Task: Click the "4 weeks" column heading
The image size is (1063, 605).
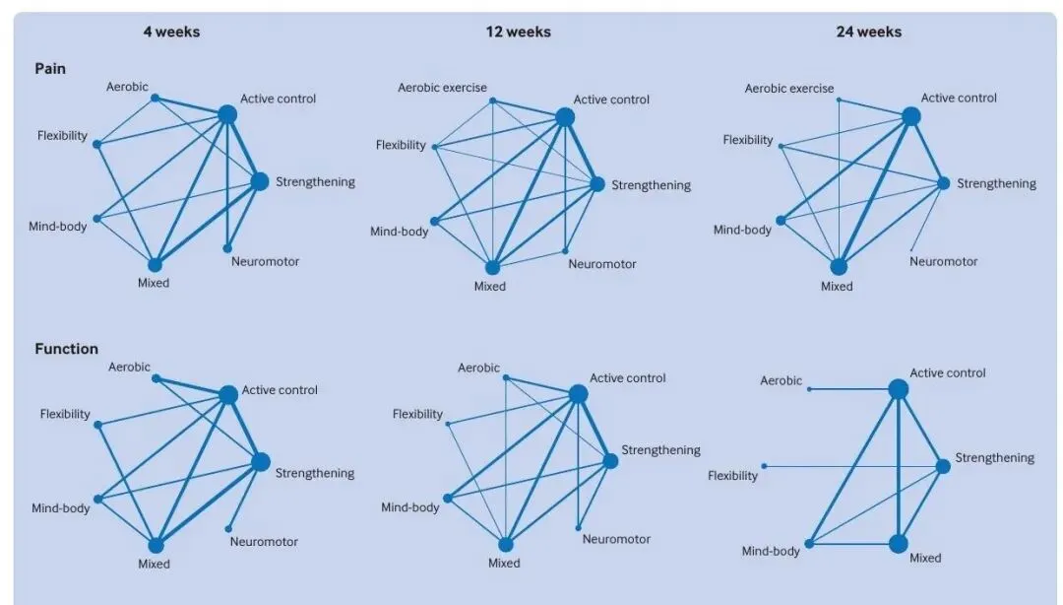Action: pyautogui.click(x=171, y=32)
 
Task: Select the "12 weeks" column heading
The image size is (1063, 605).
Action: pyautogui.click(x=519, y=32)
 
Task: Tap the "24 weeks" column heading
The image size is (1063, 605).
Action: pyautogui.click(x=869, y=32)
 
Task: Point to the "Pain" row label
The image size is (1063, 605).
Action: pyautogui.click(x=50, y=69)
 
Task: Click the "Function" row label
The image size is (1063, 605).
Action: pyautogui.click(x=67, y=349)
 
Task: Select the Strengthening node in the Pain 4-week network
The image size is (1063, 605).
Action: pyautogui.click(x=260, y=181)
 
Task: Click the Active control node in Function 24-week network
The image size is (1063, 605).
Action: pyautogui.click(x=899, y=390)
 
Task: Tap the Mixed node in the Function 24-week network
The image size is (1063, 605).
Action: pyautogui.click(x=899, y=544)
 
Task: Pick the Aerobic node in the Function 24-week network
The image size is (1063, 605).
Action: pyautogui.click(x=809, y=390)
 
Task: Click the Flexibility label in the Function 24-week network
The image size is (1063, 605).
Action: pyautogui.click(x=733, y=476)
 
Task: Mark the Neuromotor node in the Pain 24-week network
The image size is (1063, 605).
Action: pyautogui.click(x=911, y=249)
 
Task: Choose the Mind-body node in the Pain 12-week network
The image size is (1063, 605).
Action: pyautogui.click(x=435, y=222)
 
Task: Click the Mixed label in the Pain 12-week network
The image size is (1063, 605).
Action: pyautogui.click(x=489, y=287)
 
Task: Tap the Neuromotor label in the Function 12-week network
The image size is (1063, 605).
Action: pyautogui.click(x=616, y=539)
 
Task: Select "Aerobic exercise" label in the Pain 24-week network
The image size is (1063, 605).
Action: pyautogui.click(x=789, y=89)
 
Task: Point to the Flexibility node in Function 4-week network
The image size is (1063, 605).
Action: pyautogui.click(x=98, y=425)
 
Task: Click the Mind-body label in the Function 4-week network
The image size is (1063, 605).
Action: pyautogui.click(x=60, y=507)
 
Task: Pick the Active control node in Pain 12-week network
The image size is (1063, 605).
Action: pyautogui.click(x=565, y=117)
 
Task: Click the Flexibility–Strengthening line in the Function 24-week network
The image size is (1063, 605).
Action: pyautogui.click(x=853, y=466)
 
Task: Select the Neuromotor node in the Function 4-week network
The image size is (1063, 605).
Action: pyautogui.click(x=228, y=529)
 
